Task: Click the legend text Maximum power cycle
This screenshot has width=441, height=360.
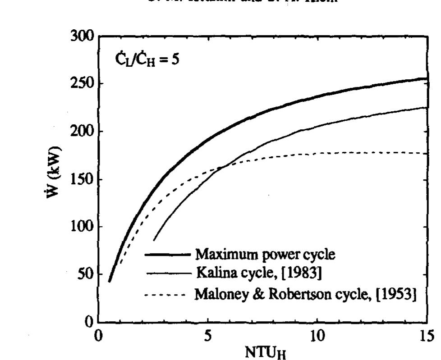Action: click(265, 255)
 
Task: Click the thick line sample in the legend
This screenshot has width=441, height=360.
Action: click(167, 255)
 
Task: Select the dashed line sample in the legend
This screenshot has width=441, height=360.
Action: click(165, 295)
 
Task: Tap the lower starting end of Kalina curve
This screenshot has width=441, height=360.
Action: click(154, 241)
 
